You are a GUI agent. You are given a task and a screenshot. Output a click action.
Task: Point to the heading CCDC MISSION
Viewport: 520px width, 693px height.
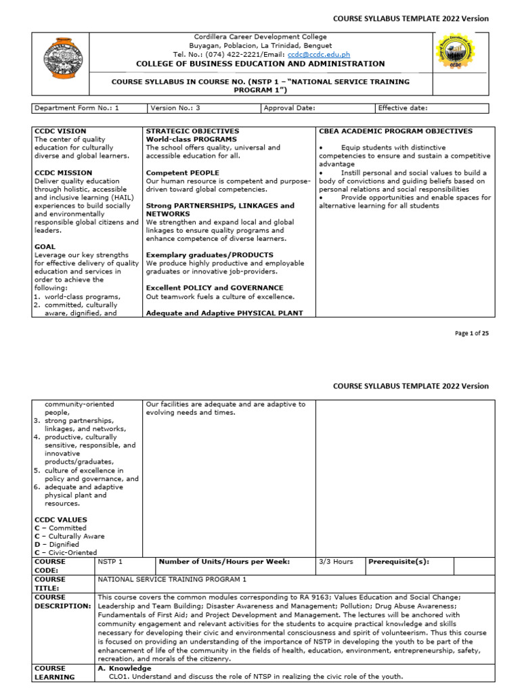point(61,173)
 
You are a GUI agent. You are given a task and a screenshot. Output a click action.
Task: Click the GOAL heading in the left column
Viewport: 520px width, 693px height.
point(45,247)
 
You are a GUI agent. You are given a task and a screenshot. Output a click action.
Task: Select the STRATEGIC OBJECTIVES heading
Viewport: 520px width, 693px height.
point(192,131)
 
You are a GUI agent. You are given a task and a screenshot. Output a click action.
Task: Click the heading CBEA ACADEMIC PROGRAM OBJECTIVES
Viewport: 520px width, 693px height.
point(395,131)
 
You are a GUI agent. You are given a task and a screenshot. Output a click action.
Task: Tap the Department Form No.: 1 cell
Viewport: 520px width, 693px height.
point(77,108)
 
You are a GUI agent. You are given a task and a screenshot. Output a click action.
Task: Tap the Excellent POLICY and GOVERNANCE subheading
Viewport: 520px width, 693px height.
point(215,288)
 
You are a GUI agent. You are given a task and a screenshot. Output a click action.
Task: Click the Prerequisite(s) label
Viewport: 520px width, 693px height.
point(399,562)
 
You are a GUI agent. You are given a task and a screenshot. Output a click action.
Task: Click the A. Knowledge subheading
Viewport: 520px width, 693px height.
point(125,668)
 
